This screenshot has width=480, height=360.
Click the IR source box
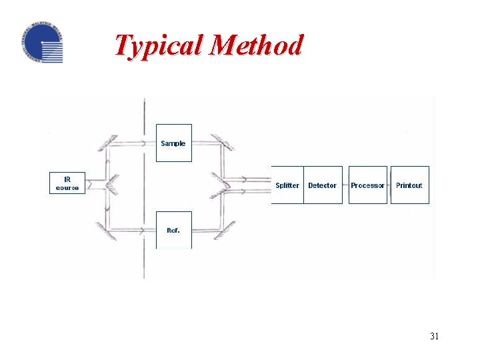(67, 183)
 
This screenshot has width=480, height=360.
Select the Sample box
(173, 143)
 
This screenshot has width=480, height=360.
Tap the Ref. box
(173, 230)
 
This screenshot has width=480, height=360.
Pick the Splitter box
(287, 185)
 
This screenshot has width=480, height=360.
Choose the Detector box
(323, 185)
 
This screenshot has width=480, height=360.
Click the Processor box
(367, 185)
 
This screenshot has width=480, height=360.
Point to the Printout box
(409, 185)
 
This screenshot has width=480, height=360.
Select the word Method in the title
(257, 45)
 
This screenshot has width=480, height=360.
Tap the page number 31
(434, 336)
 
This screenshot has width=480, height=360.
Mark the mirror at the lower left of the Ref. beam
(104, 230)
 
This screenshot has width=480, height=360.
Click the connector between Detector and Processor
(345, 185)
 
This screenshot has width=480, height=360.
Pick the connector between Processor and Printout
(389, 185)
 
